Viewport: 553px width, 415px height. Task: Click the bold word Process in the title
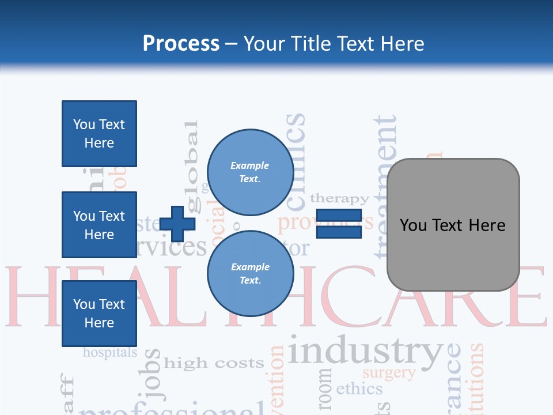[x=181, y=44]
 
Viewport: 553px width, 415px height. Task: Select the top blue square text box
[x=99, y=134]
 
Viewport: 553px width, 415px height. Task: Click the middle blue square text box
[x=99, y=225]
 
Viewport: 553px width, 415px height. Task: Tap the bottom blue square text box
[x=99, y=313]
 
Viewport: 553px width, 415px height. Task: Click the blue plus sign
[x=177, y=224]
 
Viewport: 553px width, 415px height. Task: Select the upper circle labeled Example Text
[x=250, y=172]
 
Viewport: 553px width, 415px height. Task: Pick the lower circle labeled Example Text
[x=250, y=273]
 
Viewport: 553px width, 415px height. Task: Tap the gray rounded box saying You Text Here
[x=453, y=225]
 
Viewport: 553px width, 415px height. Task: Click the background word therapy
[x=339, y=199]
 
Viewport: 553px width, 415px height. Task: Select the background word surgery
[x=389, y=373]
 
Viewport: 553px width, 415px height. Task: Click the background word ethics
[x=359, y=388]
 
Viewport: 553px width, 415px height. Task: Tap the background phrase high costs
[x=214, y=363]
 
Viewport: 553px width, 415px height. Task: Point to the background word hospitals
[x=110, y=352]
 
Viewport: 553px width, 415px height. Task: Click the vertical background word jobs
[x=153, y=375]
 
